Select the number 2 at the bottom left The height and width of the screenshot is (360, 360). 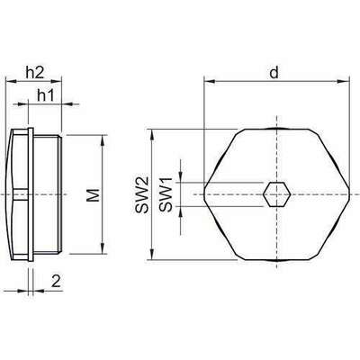point(57,282)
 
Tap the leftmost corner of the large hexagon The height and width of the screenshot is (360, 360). point(205,194)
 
